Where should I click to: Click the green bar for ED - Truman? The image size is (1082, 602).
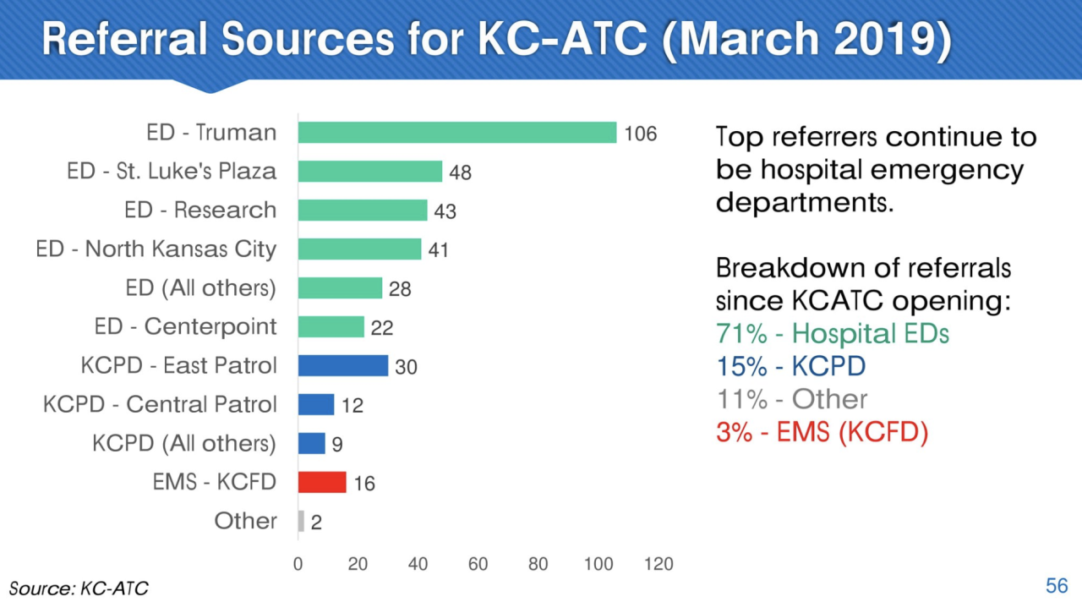tap(457, 133)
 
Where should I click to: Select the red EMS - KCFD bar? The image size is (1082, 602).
tap(322, 482)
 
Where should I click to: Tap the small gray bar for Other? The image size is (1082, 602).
tap(301, 521)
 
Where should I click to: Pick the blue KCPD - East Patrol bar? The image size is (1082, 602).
tap(343, 365)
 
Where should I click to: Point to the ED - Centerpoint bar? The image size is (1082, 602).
tap(331, 326)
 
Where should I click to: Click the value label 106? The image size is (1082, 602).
tap(640, 134)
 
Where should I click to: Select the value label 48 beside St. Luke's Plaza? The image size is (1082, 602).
tap(460, 172)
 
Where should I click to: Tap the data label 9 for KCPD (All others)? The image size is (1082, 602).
tap(336, 445)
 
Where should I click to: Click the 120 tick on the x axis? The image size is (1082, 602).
tap(658, 564)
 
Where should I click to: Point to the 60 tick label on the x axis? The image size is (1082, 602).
tap(478, 564)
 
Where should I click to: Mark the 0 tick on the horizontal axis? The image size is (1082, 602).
tap(298, 564)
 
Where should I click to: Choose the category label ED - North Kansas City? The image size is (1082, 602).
tap(156, 249)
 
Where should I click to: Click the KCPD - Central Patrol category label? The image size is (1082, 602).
tap(160, 405)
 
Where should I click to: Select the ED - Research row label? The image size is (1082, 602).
tap(200, 211)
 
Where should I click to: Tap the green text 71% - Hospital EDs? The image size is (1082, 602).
tap(832, 334)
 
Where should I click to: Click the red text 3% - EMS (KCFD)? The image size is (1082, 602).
tap(822, 432)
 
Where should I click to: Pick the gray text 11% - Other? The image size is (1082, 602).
tap(791, 399)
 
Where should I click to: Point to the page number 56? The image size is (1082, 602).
tap(1057, 586)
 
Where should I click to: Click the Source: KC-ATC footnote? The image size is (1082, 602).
tap(72, 588)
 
